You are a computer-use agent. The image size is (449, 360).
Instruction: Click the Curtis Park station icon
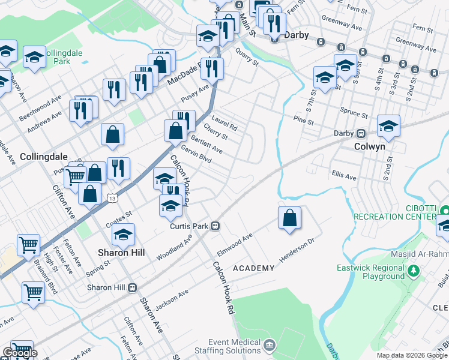[214, 226]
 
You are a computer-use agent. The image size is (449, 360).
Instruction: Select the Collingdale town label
[43, 156]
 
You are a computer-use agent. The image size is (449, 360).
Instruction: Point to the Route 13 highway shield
[112, 198]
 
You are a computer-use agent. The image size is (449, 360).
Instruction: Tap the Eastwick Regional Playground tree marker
[413, 271]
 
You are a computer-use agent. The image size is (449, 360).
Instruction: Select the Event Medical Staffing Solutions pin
[270, 345]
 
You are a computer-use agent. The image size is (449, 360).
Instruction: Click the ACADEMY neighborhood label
[253, 268]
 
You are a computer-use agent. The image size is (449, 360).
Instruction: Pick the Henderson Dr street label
[297, 252]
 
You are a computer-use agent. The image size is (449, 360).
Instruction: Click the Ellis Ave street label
[344, 176]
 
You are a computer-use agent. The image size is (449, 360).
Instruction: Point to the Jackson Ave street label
[172, 299]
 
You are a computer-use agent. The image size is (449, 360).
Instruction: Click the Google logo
[20, 352]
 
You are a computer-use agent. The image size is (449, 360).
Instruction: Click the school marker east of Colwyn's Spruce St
[388, 126]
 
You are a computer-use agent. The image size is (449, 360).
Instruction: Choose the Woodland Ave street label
[174, 247]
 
